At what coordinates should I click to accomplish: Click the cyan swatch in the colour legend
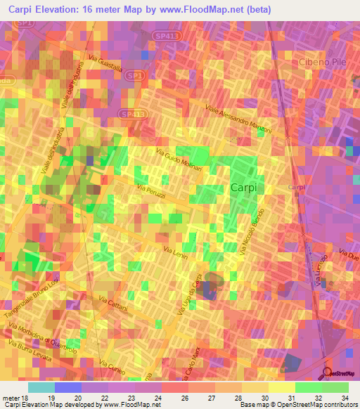41,387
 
